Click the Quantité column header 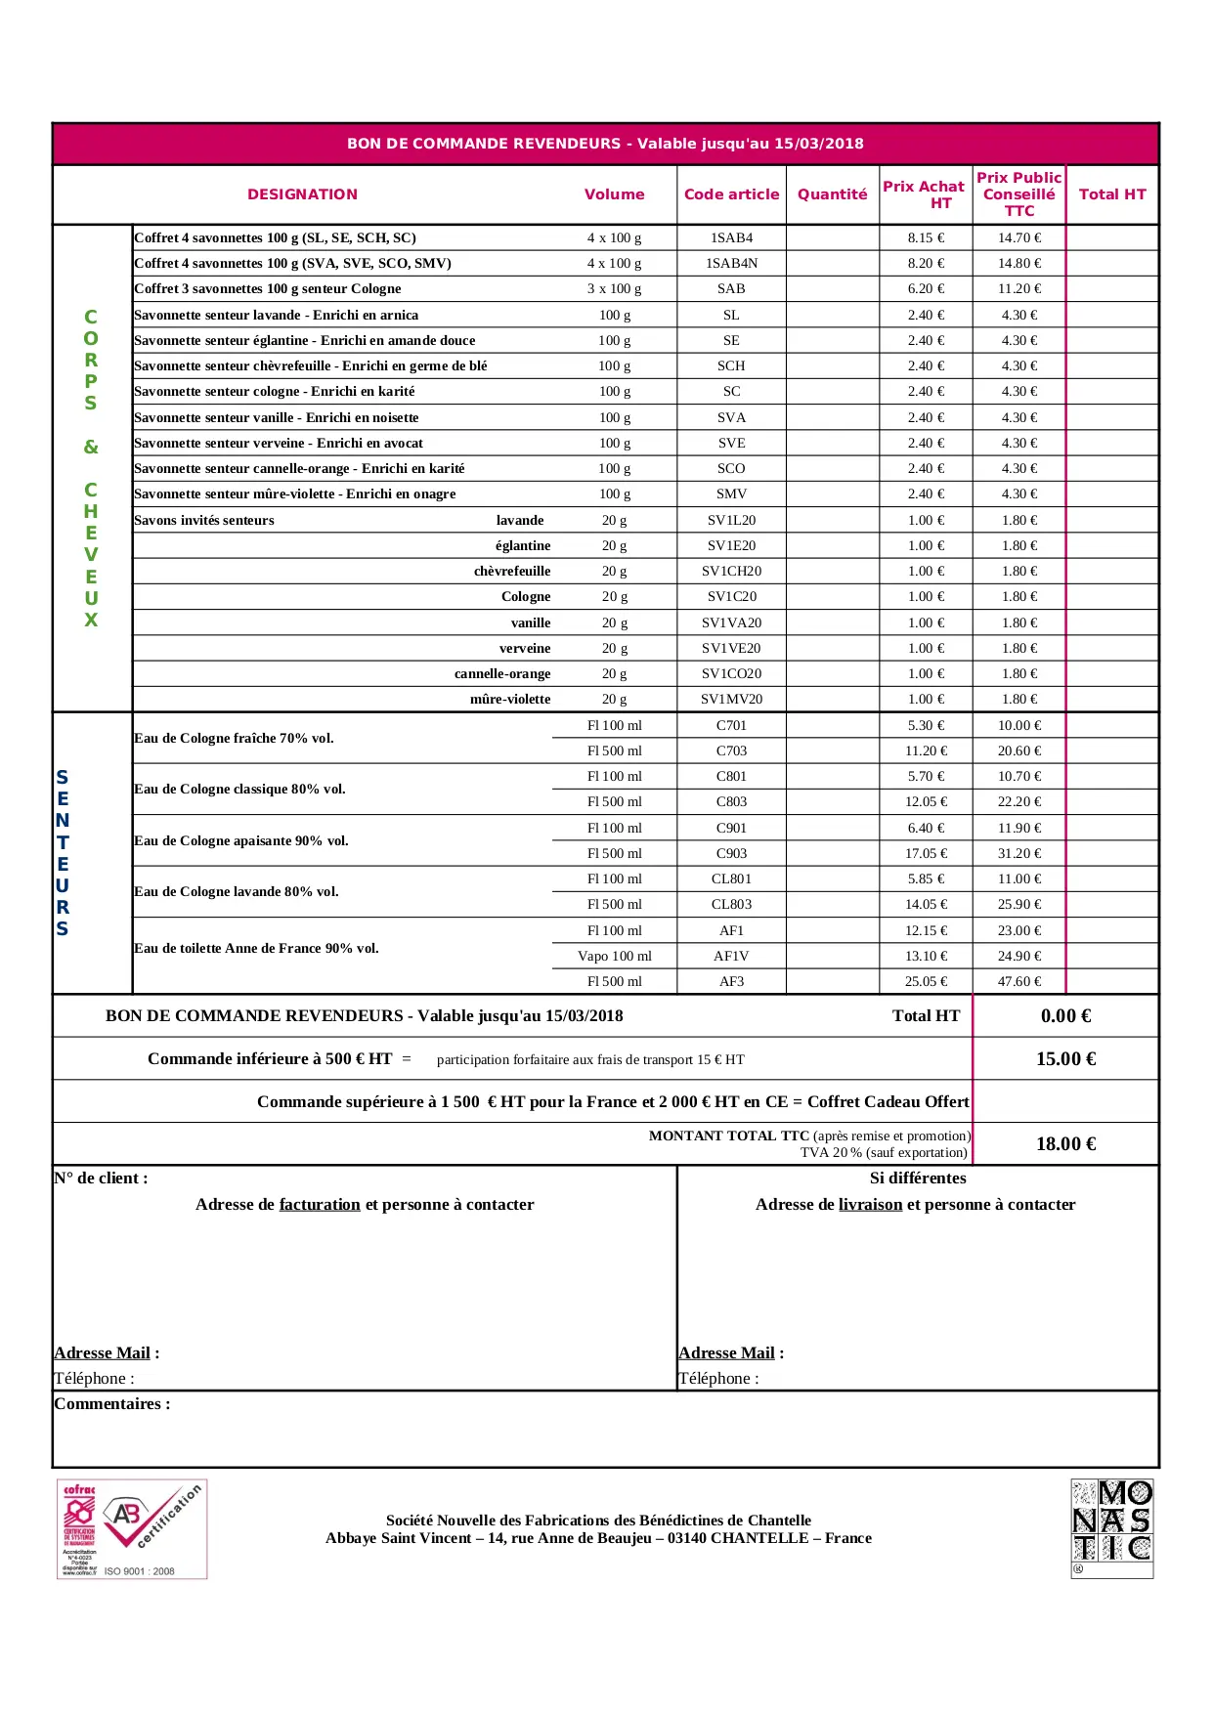pos(832,194)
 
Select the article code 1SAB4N pos(731,263)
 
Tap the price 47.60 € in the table pos(1018,981)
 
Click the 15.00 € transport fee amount pos(1065,1058)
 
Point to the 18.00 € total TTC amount pos(1065,1143)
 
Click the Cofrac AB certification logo pos(132,1529)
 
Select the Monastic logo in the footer pos(1111,1528)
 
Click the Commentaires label pos(111,1403)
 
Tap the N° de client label pos(101,1178)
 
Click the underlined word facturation pos(320,1204)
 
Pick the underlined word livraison pos(870,1204)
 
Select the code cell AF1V pos(731,956)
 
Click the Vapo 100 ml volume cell pos(614,956)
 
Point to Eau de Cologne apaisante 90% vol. pos(241,840)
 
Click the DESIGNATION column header pos(302,194)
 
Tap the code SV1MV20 pos(731,699)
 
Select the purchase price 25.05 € pos(925,981)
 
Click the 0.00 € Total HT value pos(1065,1015)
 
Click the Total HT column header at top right pos(1111,194)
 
